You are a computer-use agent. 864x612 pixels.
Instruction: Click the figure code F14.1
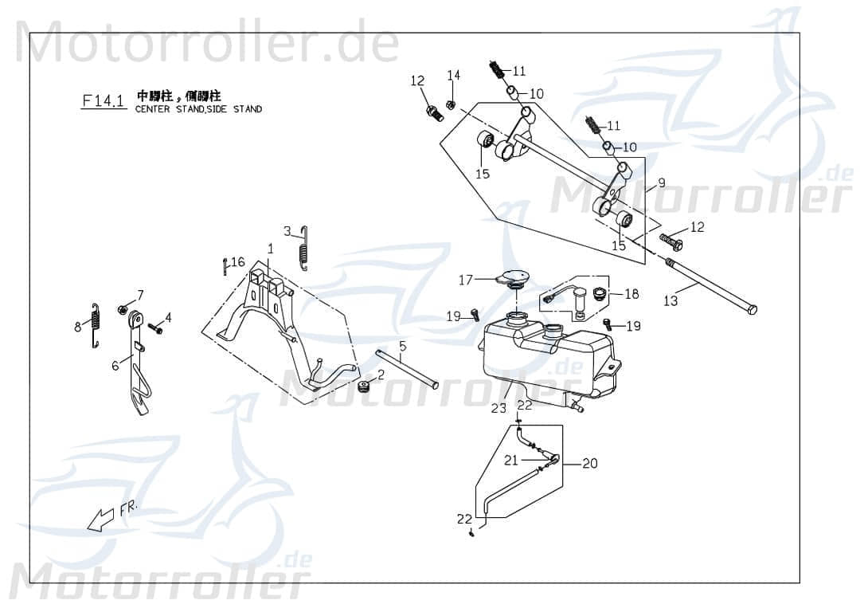pyautogui.click(x=104, y=100)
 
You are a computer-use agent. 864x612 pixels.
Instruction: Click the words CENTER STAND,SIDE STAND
pyautogui.click(x=198, y=109)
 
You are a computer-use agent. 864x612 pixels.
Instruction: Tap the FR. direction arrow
pyautogui.click(x=101, y=520)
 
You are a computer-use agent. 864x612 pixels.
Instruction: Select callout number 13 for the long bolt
pyautogui.click(x=671, y=300)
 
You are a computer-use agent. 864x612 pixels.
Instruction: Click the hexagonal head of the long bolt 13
pyautogui.click(x=753, y=309)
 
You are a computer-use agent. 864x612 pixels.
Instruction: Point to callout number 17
pyautogui.click(x=466, y=280)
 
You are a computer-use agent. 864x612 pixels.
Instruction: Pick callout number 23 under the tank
pyautogui.click(x=498, y=409)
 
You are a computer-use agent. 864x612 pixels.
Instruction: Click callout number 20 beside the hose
pyautogui.click(x=589, y=463)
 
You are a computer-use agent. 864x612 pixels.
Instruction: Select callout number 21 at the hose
pyautogui.click(x=511, y=459)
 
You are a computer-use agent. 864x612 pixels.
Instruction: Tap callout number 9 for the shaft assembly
pyautogui.click(x=661, y=182)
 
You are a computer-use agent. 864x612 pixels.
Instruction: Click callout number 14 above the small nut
pyautogui.click(x=453, y=76)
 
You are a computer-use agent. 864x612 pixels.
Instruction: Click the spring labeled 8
pyautogui.click(x=96, y=326)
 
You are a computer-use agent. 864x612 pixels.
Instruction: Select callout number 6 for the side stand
pyautogui.click(x=115, y=365)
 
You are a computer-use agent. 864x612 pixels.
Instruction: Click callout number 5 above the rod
pyautogui.click(x=403, y=346)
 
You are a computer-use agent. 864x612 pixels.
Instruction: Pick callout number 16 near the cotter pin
pyautogui.click(x=238, y=261)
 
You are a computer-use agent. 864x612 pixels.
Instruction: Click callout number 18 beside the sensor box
pyautogui.click(x=631, y=294)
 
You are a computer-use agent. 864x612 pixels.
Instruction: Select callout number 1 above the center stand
pyautogui.click(x=270, y=249)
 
